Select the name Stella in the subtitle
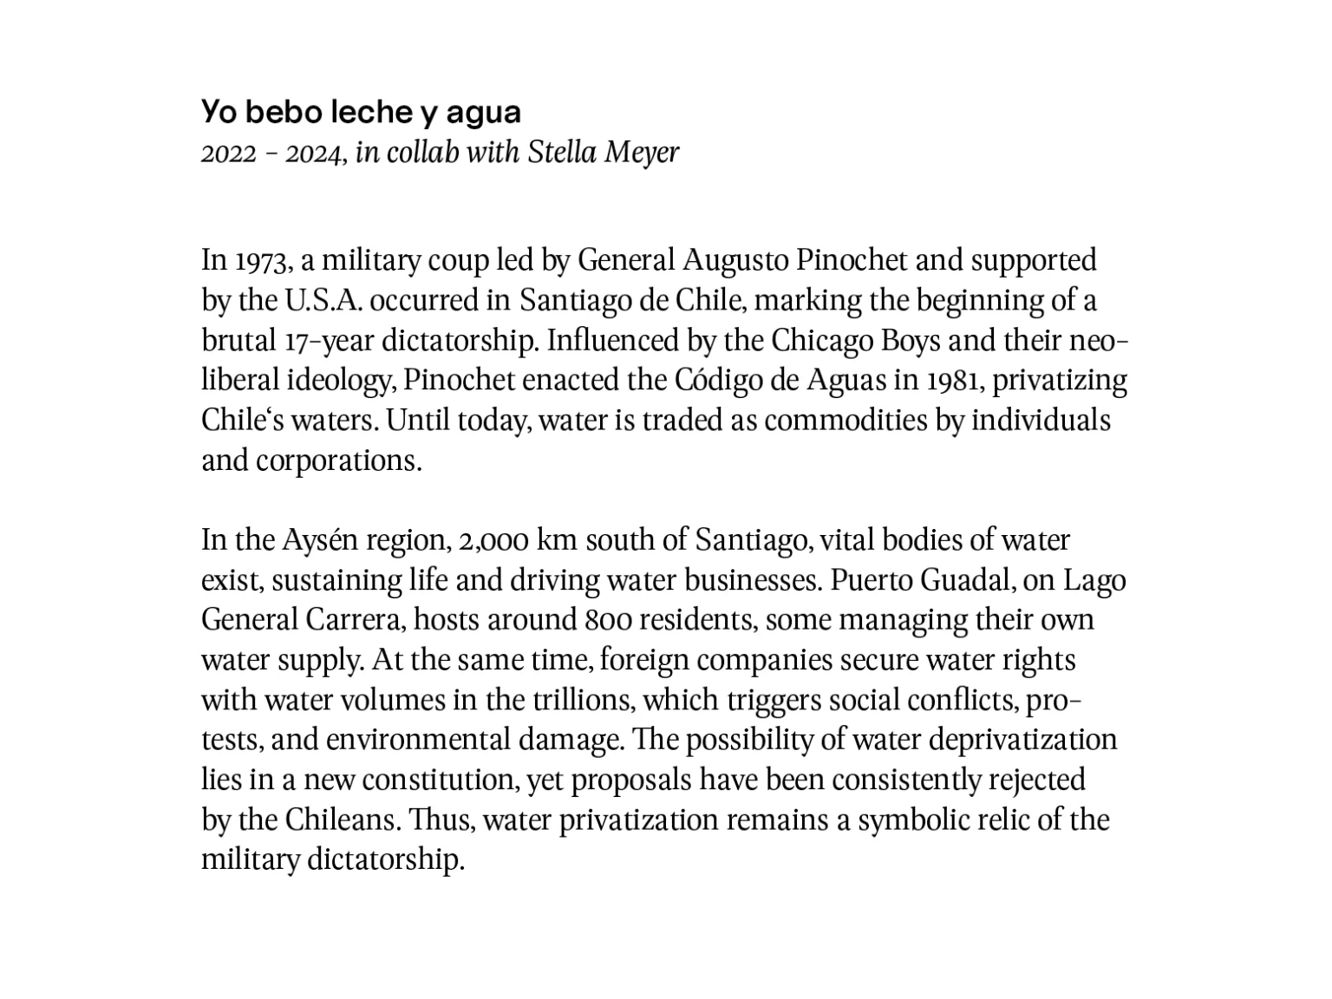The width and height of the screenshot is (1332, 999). point(562,153)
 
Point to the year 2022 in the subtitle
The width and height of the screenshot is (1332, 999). point(228,154)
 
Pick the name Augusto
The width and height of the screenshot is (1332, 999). point(735,261)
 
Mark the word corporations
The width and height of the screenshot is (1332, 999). point(338,460)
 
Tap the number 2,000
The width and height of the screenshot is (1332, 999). point(492,541)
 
